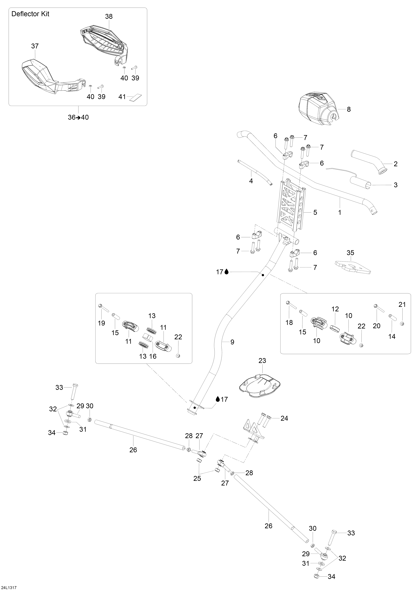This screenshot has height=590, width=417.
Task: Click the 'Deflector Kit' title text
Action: pos(30,14)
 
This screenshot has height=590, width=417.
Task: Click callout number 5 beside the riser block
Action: pos(315,213)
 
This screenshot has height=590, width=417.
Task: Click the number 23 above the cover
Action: pos(262,361)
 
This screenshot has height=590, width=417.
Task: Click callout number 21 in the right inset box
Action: pos(402,304)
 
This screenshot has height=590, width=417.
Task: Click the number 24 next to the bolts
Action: pos(284,418)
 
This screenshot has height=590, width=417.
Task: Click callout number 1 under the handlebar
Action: pos(340,213)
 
